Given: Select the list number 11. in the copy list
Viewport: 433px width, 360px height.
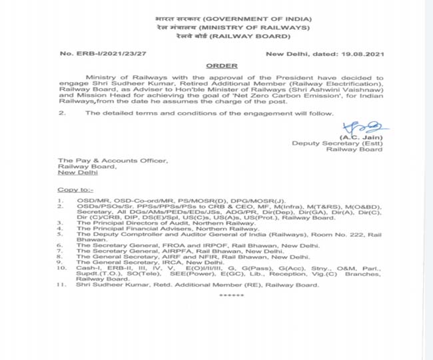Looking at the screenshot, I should click(x=61, y=285).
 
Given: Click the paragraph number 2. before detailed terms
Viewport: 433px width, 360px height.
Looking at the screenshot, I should click(x=62, y=114).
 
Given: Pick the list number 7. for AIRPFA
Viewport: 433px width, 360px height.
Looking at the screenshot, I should click(x=61, y=251).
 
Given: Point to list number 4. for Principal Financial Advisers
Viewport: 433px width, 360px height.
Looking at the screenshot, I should click(x=61, y=229).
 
